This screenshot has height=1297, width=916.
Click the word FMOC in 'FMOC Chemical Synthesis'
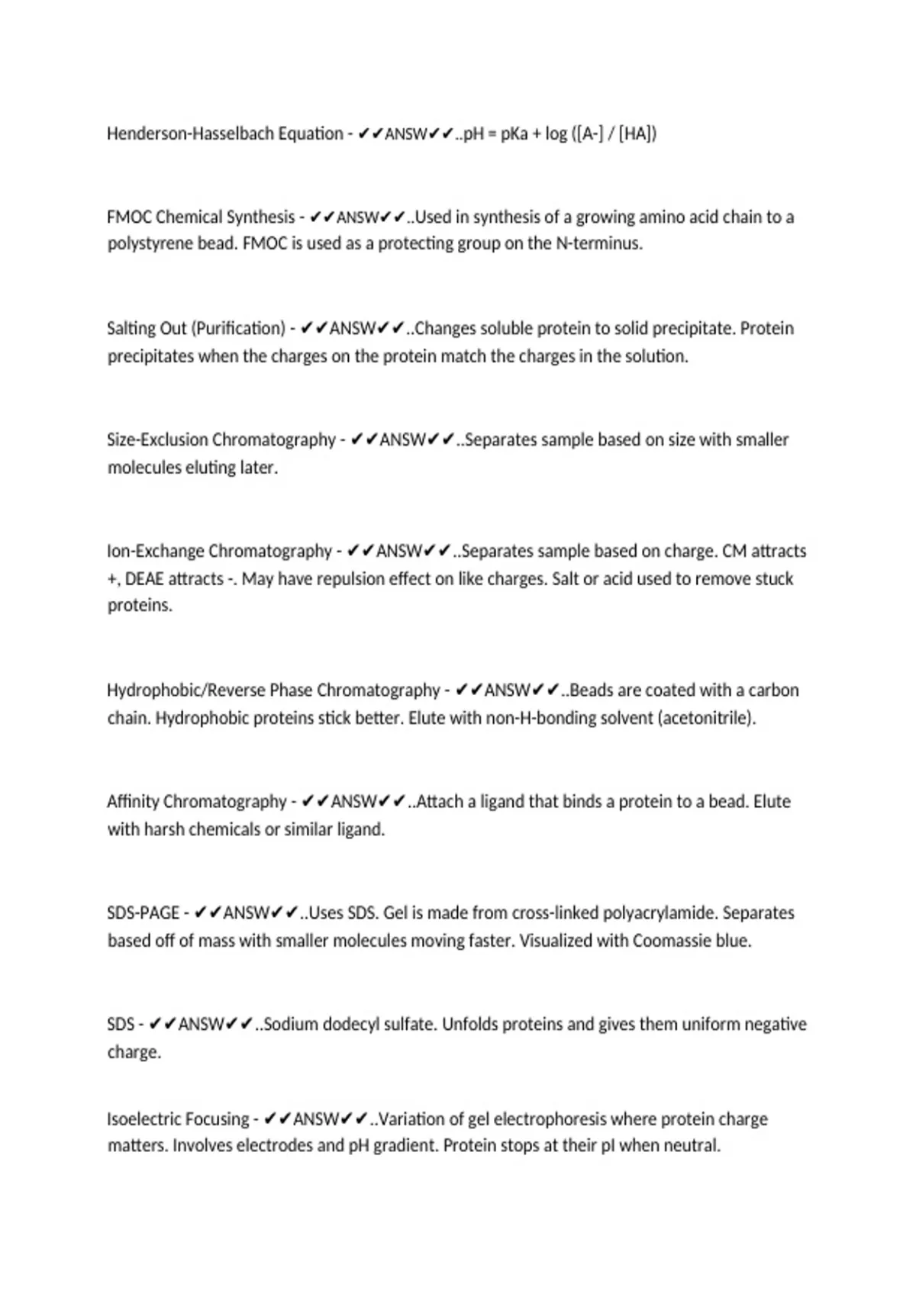point(129,217)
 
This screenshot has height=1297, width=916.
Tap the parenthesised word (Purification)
point(238,329)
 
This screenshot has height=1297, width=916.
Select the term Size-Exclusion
point(156,440)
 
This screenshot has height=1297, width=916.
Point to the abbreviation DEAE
point(144,579)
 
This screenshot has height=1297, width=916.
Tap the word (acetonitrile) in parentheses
point(706,719)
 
